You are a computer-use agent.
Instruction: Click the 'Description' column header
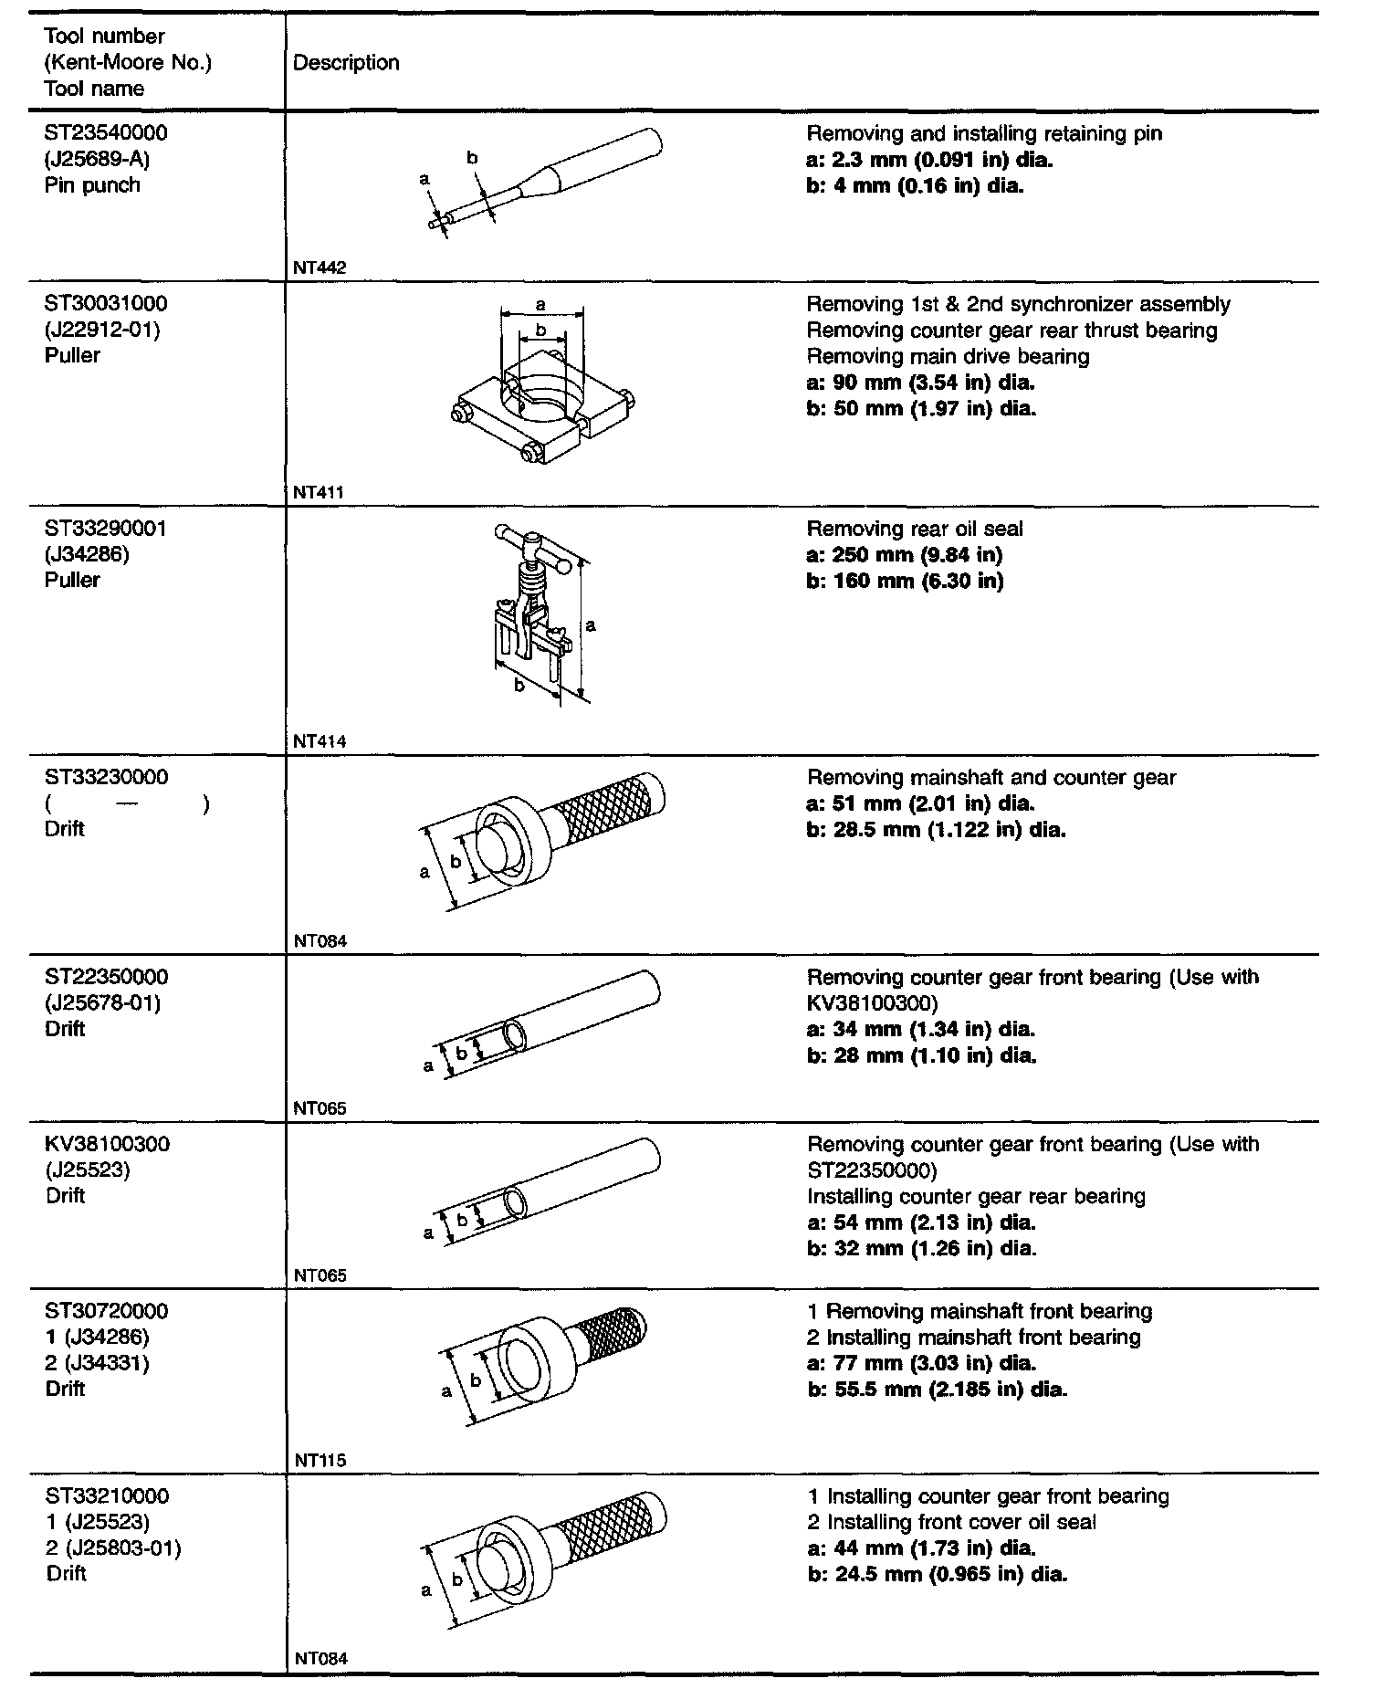pyautogui.click(x=346, y=63)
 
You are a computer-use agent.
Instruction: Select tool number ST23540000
pyautogui.click(x=106, y=133)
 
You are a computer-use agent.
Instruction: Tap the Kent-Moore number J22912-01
pyautogui.click(x=101, y=330)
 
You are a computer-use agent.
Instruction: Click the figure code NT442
pyautogui.click(x=320, y=268)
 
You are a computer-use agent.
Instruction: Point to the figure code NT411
pyautogui.click(x=319, y=492)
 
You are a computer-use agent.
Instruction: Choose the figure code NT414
pyautogui.click(x=320, y=741)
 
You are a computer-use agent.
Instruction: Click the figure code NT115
pyautogui.click(x=320, y=1460)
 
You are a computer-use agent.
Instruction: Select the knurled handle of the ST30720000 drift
pyautogui.click(x=613, y=1338)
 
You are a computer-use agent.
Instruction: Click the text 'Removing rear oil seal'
pyautogui.click(x=915, y=530)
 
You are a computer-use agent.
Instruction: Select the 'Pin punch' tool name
pyautogui.click(x=92, y=185)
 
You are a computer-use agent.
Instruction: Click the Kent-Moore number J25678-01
pyautogui.click(x=101, y=1003)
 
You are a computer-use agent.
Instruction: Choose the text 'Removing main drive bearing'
pyautogui.click(x=948, y=357)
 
